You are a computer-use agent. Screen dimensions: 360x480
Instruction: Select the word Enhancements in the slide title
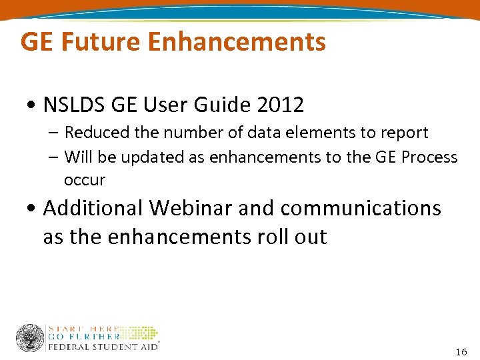[x=237, y=42]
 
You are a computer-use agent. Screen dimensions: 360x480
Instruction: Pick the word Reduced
[x=97, y=133]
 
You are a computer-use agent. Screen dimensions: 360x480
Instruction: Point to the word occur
[x=85, y=181]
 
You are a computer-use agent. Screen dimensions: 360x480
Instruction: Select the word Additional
[x=93, y=208]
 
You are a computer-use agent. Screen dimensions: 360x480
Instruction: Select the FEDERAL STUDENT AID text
[x=102, y=346]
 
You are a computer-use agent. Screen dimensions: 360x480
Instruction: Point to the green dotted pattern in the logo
[x=139, y=333]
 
